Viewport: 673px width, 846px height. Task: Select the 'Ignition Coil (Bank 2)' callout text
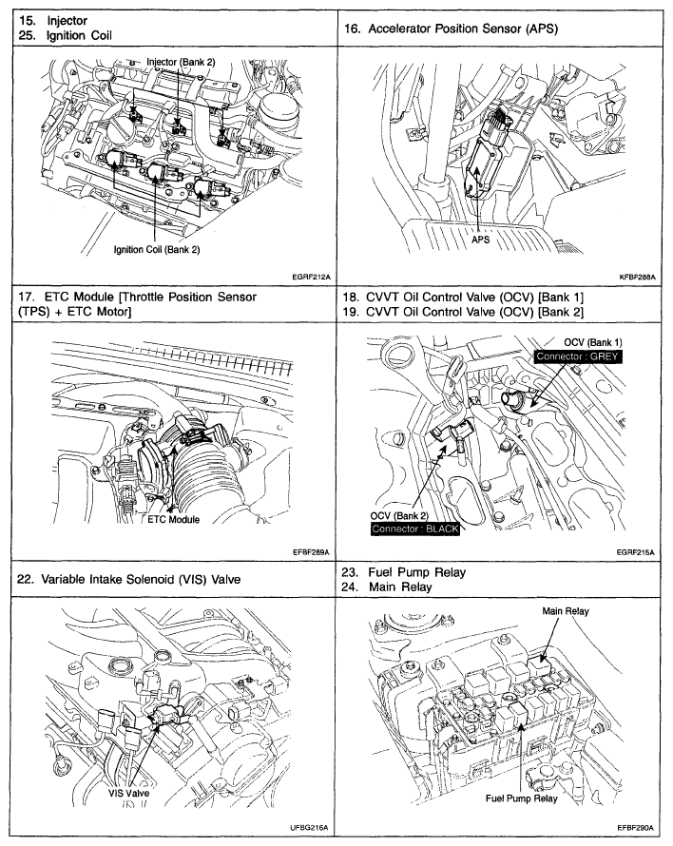point(156,249)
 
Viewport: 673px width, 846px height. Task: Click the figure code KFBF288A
point(641,277)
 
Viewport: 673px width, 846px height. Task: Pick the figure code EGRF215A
point(641,551)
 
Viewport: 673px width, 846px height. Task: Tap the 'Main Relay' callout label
point(565,611)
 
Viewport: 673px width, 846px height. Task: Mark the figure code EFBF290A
point(641,828)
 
